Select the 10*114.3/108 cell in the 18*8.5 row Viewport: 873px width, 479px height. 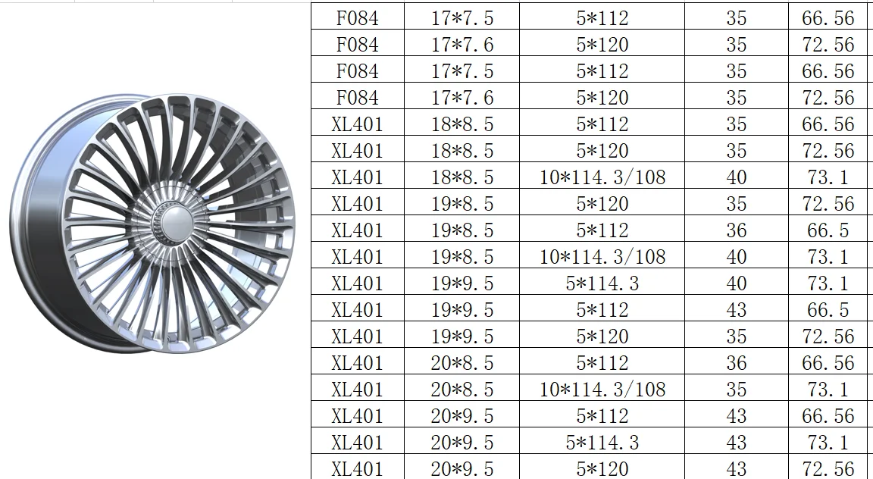(602, 177)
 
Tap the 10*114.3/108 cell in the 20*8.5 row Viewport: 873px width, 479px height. (602, 390)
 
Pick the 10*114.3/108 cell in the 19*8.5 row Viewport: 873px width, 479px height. (602, 257)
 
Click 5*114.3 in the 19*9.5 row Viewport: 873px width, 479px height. (602, 283)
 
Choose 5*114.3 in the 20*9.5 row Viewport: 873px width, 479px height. (602, 443)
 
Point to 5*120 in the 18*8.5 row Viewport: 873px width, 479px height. (602, 151)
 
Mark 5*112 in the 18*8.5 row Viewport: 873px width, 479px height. (602, 124)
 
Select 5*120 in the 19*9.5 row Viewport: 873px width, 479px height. (602, 337)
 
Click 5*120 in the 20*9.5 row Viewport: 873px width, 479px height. (602, 468)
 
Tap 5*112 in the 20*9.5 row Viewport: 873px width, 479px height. (602, 416)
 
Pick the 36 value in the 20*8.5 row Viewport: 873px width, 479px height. (736, 363)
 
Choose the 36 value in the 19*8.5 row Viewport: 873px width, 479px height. (736, 230)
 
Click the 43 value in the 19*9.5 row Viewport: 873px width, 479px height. (736, 310)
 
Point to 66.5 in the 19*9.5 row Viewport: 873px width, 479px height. (828, 310)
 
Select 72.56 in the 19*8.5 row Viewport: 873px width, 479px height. (828, 204)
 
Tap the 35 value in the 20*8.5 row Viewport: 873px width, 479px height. (736, 390)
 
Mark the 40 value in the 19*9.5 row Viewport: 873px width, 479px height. (736, 283)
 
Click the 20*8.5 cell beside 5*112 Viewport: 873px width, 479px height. (462, 363)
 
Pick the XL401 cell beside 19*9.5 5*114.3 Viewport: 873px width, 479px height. (357, 283)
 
